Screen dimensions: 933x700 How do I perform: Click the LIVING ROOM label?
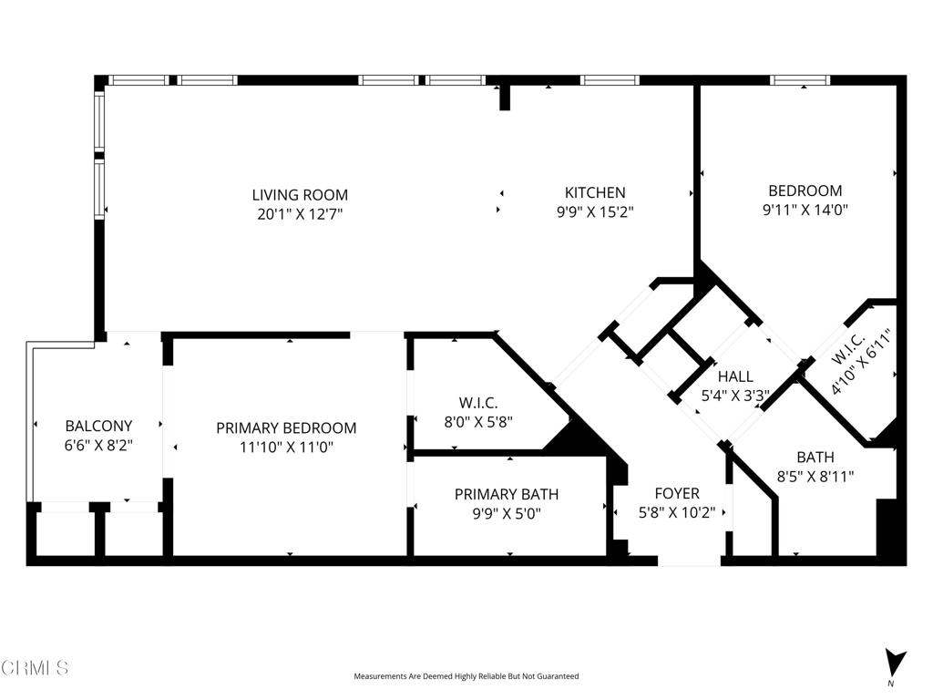click(x=300, y=195)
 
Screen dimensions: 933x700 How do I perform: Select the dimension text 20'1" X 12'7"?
click(x=300, y=213)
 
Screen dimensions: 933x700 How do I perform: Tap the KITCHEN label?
click(x=595, y=192)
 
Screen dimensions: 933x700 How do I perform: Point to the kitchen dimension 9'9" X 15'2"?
click(x=595, y=211)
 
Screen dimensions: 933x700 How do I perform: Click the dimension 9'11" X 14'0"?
click(x=805, y=210)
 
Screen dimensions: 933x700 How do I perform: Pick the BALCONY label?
click(x=98, y=426)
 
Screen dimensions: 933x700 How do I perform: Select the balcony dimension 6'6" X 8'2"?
click(x=98, y=445)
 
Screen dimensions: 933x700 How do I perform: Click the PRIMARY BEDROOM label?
click(x=286, y=428)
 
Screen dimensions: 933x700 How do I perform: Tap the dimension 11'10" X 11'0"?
click(x=286, y=447)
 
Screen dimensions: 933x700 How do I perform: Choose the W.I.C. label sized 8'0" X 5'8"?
click(x=478, y=403)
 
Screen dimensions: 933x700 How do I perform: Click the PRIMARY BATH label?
click(x=507, y=494)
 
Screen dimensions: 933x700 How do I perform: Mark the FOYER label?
click(x=677, y=493)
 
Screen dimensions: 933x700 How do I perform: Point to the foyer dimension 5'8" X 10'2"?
click(x=677, y=512)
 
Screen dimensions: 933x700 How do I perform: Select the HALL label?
click(x=735, y=376)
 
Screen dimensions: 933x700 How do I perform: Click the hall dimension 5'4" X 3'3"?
click(x=735, y=396)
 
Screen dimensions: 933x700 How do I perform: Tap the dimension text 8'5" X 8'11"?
click(x=815, y=476)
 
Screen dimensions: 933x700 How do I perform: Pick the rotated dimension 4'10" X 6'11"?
click(x=863, y=361)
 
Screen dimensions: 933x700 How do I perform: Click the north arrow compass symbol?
click(x=895, y=662)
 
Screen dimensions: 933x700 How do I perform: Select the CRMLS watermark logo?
click(x=35, y=667)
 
